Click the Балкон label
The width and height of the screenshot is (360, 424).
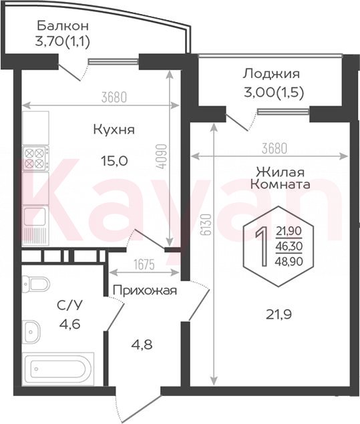63,25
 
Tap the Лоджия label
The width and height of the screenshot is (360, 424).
271,74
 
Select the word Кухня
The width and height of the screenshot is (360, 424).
114,130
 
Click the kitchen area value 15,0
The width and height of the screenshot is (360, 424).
114,161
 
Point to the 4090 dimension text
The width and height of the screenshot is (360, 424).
162,157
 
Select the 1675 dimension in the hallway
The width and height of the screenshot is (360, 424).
144,264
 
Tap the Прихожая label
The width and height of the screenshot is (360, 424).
145,290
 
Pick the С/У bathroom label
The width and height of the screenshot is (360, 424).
69,305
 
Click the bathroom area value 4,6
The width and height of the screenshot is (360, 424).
69,324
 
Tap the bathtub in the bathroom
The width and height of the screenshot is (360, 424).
59,369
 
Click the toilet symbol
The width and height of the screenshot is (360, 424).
36,284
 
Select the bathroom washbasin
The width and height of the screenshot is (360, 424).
31,332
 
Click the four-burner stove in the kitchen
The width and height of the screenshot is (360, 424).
35,158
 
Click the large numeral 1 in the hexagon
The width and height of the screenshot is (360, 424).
262,246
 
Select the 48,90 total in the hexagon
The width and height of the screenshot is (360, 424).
289,261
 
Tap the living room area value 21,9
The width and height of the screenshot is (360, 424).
279,314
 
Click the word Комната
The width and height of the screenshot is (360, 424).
281,184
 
